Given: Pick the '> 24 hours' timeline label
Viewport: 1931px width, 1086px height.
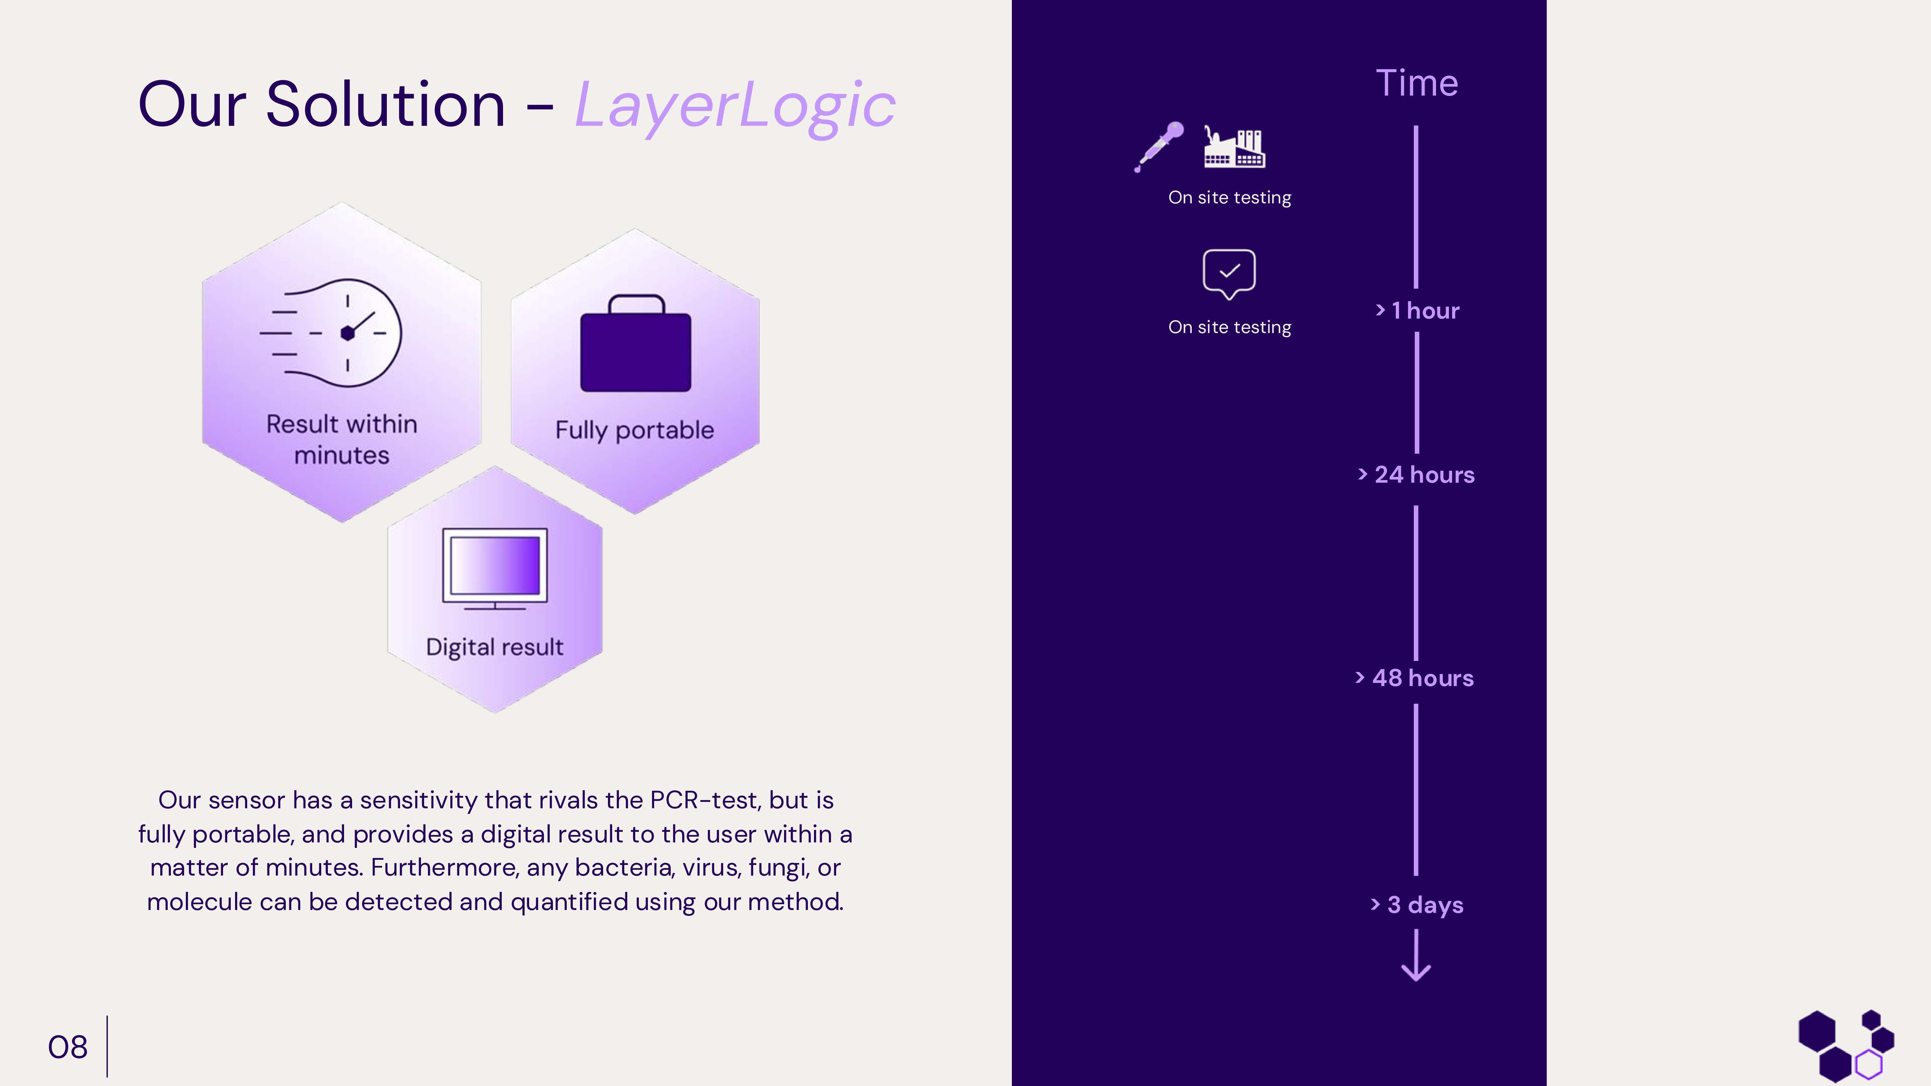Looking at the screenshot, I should tap(1416, 474).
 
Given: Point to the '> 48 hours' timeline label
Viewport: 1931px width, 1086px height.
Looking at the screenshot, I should tap(1414, 678).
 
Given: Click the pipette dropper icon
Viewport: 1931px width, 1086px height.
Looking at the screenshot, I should tap(1159, 146).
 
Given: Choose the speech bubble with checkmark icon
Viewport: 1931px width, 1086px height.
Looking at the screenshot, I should tap(1229, 273).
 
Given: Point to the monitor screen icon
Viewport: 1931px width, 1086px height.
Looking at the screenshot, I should tap(495, 567).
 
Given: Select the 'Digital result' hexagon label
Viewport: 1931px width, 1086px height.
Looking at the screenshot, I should tap(495, 647).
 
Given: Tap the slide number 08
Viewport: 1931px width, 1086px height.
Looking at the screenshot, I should tap(68, 1047).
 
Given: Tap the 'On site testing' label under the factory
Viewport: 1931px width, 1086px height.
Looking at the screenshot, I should tap(1229, 198).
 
